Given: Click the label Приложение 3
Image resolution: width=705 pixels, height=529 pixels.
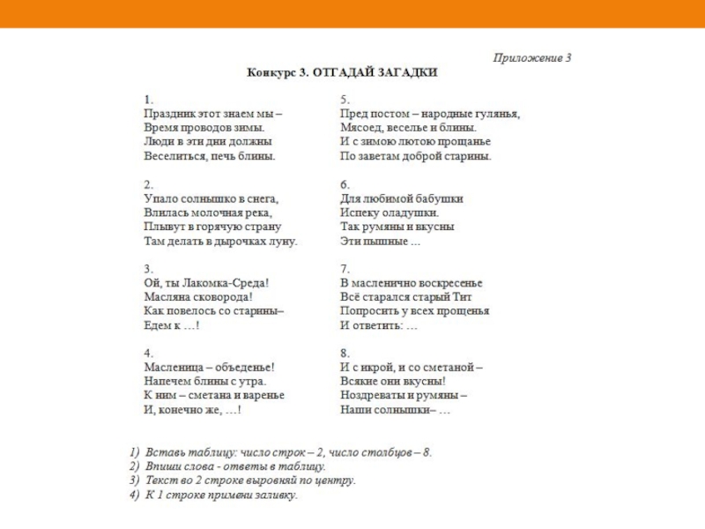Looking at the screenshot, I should (532, 58).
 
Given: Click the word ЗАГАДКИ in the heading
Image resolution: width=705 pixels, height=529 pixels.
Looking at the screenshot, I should (406, 72).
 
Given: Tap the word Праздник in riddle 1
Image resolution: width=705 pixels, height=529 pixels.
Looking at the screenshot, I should (167, 114).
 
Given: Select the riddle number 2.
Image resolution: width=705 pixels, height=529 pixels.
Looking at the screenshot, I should (148, 185).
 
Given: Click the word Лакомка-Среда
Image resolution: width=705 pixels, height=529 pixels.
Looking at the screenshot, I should (225, 284).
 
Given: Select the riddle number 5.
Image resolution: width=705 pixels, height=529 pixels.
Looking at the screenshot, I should (345, 100).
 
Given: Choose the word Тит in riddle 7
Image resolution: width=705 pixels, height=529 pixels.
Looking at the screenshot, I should (474, 298).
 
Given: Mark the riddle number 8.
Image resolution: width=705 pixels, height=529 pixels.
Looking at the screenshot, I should (345, 354).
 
